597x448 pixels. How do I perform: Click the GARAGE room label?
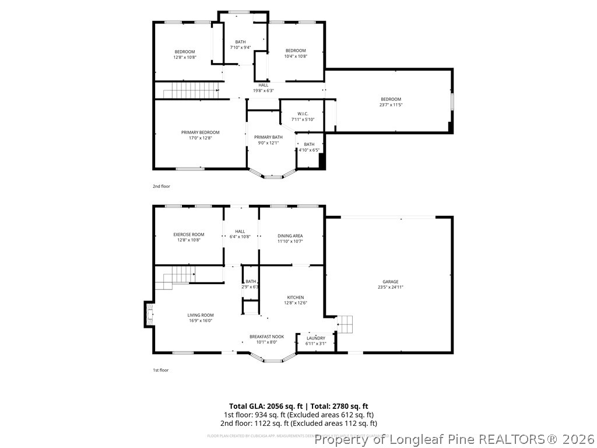tap(391, 282)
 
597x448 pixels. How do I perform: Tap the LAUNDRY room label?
tap(315, 338)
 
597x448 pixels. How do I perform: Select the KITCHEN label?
tap(295, 297)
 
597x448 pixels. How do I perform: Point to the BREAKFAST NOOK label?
tap(266, 337)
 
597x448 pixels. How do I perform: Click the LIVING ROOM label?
tap(200, 315)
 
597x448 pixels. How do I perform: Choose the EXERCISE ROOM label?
tap(188, 235)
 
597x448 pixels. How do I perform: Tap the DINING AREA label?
tap(290, 236)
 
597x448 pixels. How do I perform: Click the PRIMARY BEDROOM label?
tap(200, 132)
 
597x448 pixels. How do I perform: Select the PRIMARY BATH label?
tap(268, 137)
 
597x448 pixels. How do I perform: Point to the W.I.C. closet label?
tap(303, 114)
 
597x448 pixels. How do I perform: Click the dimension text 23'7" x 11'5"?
tap(391, 105)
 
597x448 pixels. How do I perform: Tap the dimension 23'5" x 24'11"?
tap(391, 287)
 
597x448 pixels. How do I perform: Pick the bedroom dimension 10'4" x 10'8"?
tap(296, 57)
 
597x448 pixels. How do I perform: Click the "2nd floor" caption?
tap(161, 186)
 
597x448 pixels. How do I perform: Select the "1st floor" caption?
tap(160, 370)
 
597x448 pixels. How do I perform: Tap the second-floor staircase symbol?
tap(190, 90)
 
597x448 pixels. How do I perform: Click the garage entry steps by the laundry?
tap(345, 323)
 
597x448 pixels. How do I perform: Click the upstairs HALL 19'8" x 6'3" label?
tap(264, 87)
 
